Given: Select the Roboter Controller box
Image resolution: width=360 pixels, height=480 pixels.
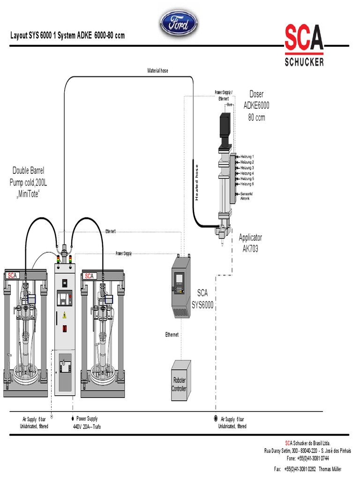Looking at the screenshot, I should pos(180,381).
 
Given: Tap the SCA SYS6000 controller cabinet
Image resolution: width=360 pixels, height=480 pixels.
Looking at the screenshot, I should pos(180,287).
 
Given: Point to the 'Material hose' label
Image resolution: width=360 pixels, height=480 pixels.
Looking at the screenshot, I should pos(157,71).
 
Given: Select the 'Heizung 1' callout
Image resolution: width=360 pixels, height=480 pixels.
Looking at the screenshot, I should pos(247,157).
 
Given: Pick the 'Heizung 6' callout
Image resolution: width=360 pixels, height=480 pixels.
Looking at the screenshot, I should pos(247,184).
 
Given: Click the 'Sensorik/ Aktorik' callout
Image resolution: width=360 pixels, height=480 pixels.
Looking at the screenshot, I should pos(247,196).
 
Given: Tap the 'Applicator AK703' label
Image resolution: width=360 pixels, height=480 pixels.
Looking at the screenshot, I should pos(250,243).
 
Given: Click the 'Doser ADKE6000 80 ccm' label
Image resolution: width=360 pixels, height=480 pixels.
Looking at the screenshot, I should pos(256,106).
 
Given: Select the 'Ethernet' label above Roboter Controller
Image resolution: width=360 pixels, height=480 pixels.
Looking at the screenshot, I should pos(172,335).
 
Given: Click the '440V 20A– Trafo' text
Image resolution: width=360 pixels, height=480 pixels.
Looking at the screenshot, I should pos(87,427).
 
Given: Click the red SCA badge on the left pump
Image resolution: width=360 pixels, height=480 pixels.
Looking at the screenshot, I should pos(12,276).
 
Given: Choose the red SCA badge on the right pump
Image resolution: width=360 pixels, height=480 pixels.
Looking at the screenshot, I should pos(90,276).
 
